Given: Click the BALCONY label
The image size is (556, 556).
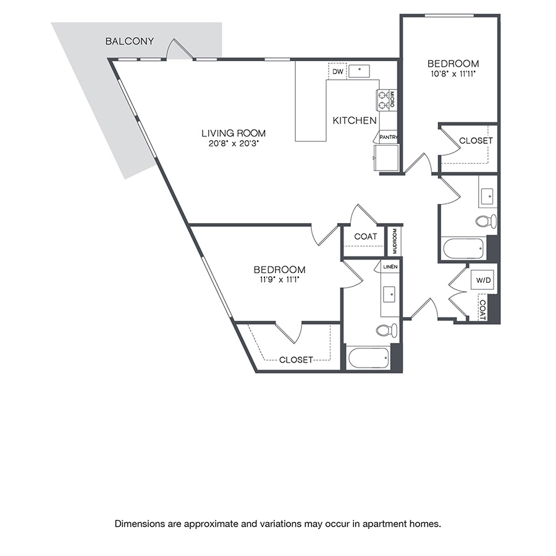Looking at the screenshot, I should (x=130, y=41).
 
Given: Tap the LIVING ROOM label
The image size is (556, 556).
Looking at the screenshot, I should (x=234, y=133).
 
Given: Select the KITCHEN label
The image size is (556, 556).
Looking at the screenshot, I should (x=355, y=120).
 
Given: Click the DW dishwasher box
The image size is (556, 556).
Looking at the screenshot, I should (x=337, y=72).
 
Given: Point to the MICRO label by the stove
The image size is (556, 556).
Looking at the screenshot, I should (x=392, y=99).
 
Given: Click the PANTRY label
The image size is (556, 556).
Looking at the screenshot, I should (x=389, y=138).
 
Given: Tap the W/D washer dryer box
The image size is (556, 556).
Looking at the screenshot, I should (x=483, y=281).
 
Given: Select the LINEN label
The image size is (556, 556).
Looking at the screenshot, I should (x=390, y=267).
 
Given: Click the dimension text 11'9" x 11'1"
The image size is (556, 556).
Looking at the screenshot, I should (x=279, y=280).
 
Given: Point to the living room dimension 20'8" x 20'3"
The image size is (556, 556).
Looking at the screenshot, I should (x=234, y=143).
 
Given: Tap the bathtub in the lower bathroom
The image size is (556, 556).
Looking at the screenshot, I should (x=368, y=358).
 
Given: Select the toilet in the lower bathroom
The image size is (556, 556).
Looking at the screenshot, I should (x=387, y=330).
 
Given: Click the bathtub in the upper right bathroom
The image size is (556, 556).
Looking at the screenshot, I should (x=463, y=248).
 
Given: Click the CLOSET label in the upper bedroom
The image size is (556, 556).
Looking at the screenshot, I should (x=476, y=140).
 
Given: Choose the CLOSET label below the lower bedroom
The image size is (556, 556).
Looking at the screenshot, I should (x=296, y=360).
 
